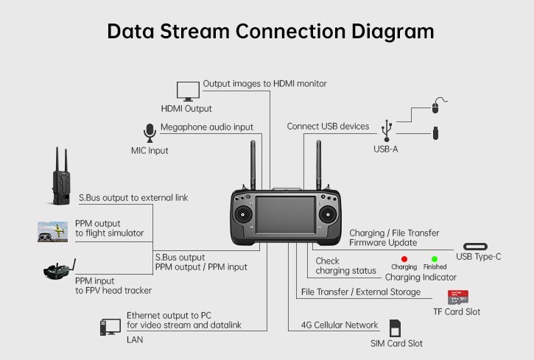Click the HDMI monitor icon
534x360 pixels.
click(188, 91)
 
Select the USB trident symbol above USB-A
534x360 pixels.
click(387, 130)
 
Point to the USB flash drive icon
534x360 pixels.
click(435, 133)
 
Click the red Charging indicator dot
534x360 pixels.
click(404, 259)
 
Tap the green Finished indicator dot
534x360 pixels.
click(435, 259)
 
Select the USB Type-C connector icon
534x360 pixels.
click(475, 247)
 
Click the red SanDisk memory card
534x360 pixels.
click(457, 297)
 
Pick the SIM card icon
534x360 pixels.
click(395, 328)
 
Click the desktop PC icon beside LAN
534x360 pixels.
click(110, 327)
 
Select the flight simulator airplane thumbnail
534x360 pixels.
click(52, 232)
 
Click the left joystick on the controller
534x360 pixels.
click(243, 215)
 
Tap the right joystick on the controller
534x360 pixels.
click(328, 215)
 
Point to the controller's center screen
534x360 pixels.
click(286, 215)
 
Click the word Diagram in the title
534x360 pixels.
click(393, 32)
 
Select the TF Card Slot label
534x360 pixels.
click(457, 311)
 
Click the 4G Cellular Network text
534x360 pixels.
click(340, 325)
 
